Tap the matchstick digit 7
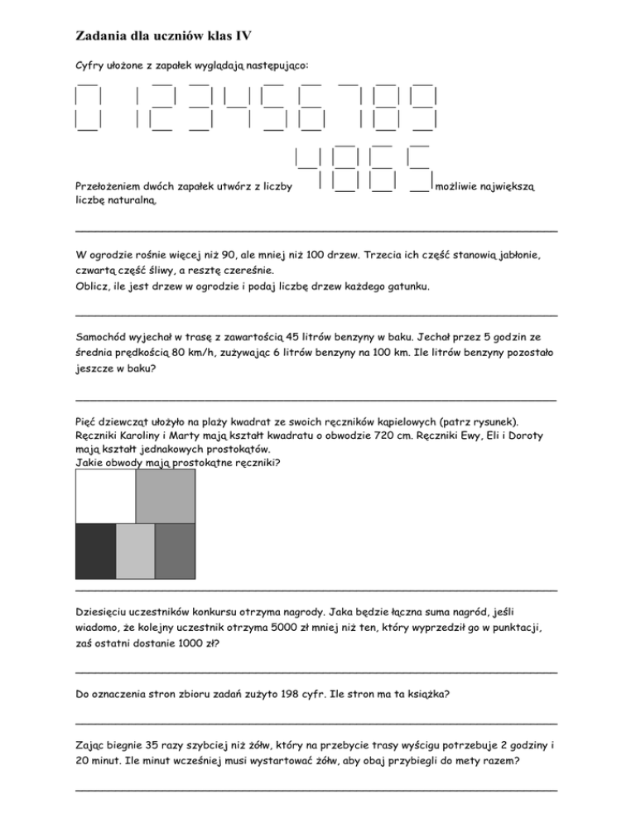(x=354, y=107)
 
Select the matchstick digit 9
(x=424, y=107)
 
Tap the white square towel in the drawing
(x=104, y=496)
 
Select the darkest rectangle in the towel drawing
(x=95, y=551)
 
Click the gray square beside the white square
(x=166, y=496)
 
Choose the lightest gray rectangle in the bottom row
(x=135, y=551)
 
